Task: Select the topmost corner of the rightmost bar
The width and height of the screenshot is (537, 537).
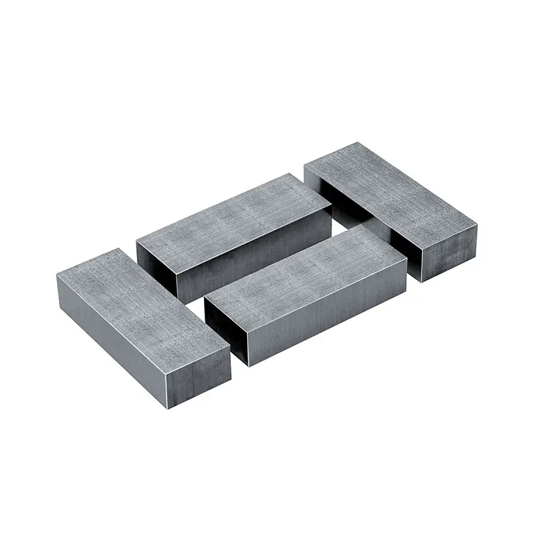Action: point(352,142)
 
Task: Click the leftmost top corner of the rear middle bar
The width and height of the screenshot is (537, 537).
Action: point(136,240)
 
